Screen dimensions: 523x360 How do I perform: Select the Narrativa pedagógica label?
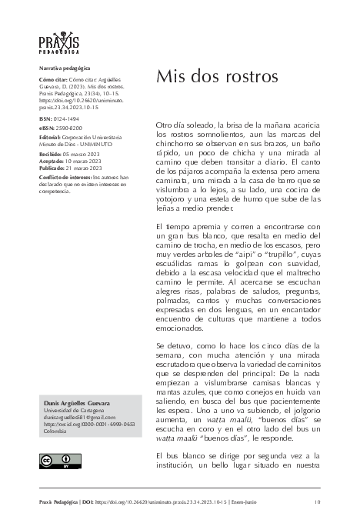pos(64,68)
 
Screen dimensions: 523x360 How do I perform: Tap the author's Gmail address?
pos(78,418)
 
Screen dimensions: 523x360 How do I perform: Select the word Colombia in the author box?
pos(55,431)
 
